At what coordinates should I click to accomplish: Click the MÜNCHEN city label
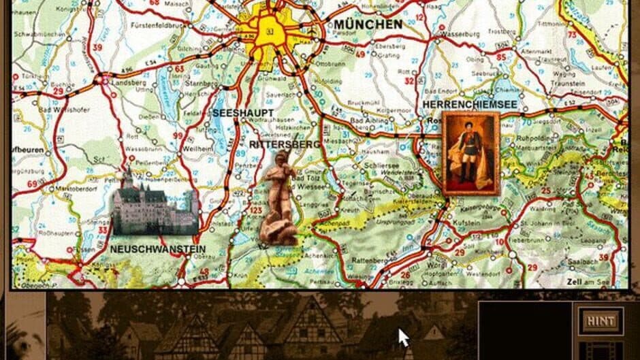tap(368, 24)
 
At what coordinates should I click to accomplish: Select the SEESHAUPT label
tap(243, 113)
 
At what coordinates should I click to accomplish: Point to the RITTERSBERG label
tap(285, 144)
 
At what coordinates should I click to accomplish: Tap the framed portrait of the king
tap(470, 153)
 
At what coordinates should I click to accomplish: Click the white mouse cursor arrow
tap(404, 337)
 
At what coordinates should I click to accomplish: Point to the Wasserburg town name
tap(461, 33)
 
